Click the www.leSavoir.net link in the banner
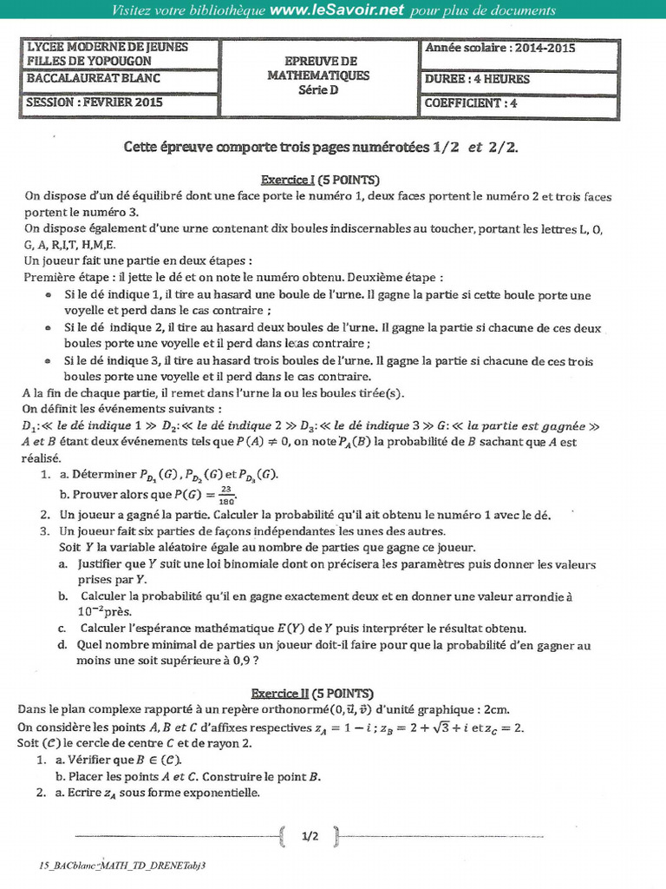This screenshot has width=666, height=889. pyautogui.click(x=336, y=10)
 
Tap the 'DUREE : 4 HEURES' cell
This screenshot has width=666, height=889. pyautogui.click(x=477, y=78)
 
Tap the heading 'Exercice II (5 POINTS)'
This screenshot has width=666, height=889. pyautogui.click(x=312, y=694)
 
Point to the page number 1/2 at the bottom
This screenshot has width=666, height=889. pyautogui.click(x=310, y=837)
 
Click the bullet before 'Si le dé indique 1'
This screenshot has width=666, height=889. pyautogui.click(x=47, y=296)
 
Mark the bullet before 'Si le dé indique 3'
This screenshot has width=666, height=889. pyautogui.click(x=47, y=361)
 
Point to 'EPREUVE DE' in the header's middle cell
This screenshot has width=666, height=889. pyautogui.click(x=321, y=62)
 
